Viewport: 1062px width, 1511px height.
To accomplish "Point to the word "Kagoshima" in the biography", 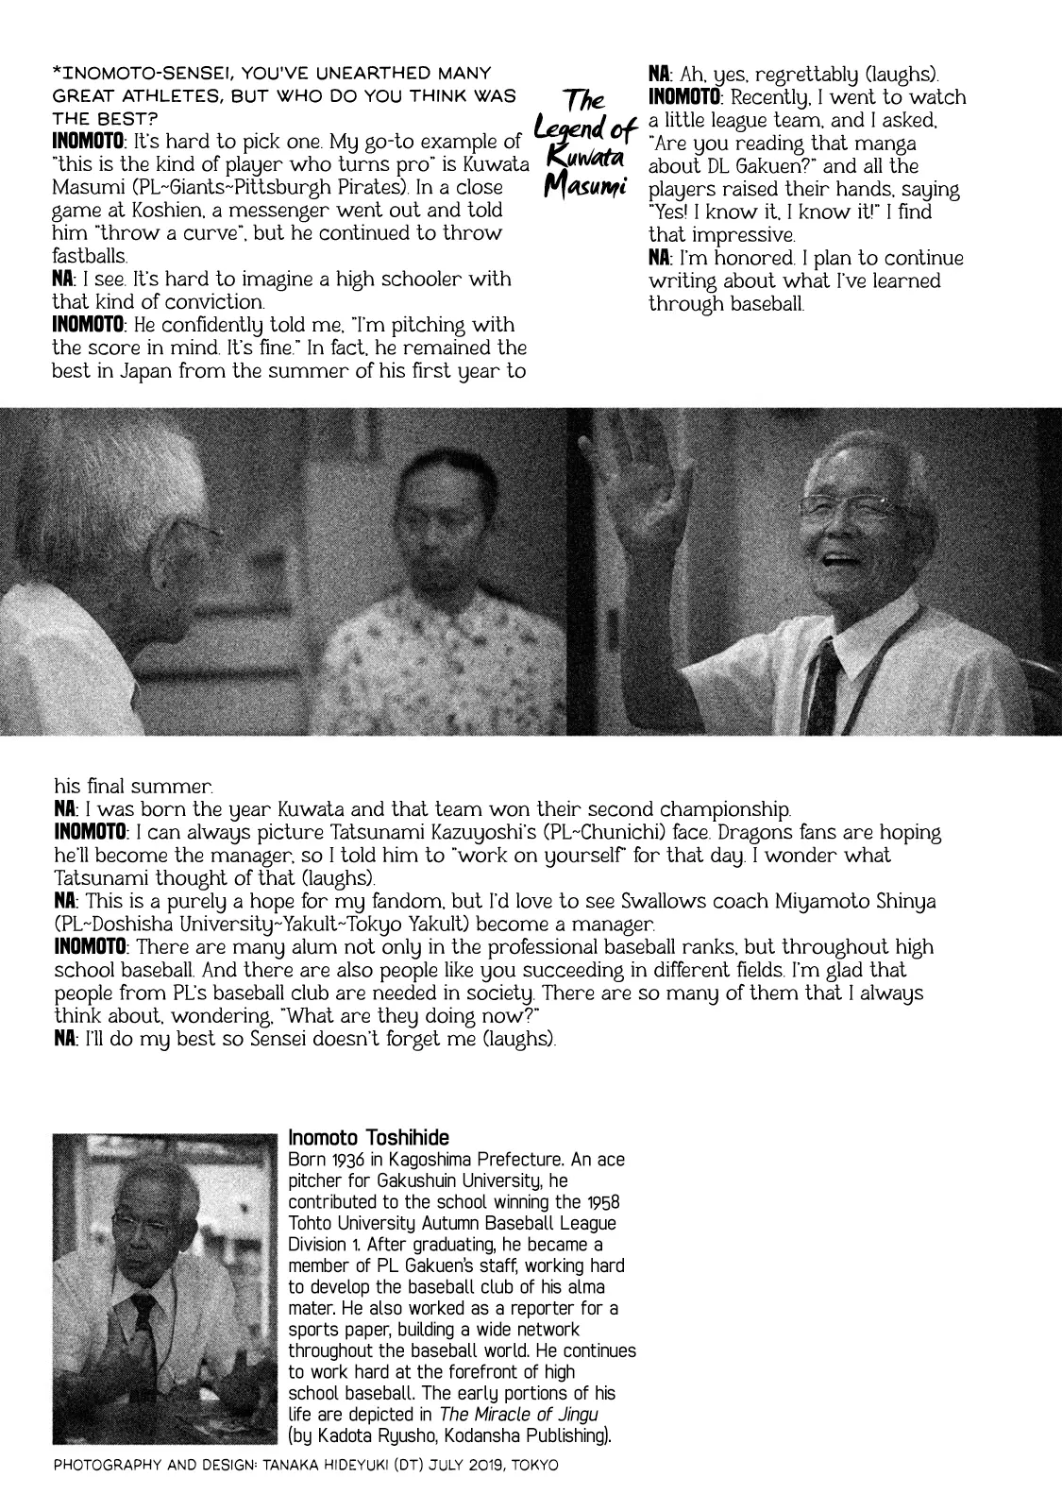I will pos(428,1160).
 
